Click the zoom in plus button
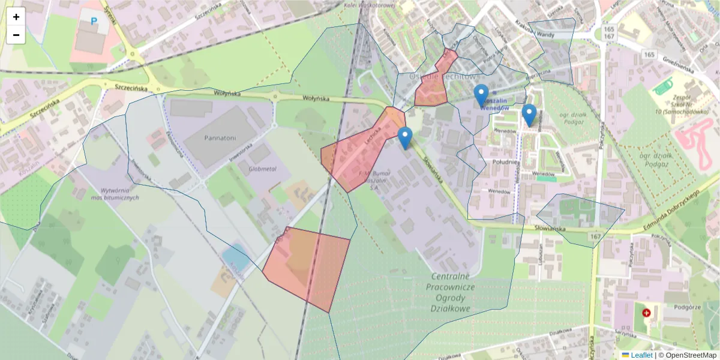[x=16, y=17]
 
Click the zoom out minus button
[x=16, y=35]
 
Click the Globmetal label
[x=262, y=170]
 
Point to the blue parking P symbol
[x=94, y=21]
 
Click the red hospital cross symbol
[x=646, y=313]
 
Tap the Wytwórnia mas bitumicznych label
[x=115, y=193]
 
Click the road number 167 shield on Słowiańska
[x=595, y=237]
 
